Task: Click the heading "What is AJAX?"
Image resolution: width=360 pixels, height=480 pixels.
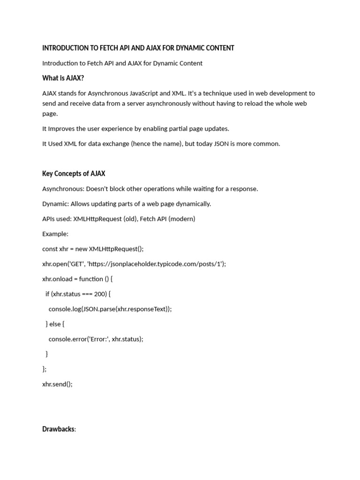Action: pos(63,78)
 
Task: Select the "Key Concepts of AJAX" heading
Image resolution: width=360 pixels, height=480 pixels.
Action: pos(77,173)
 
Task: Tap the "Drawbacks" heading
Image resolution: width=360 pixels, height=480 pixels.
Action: pos(58,429)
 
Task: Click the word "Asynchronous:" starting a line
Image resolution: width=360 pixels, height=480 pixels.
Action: pos(63,189)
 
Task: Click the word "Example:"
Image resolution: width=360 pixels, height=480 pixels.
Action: pos(55,234)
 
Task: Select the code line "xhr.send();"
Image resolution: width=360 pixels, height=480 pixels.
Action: pos(57,384)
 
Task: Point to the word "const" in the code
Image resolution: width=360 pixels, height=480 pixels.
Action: pos(50,249)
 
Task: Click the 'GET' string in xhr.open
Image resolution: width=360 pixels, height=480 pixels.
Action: pos(75,264)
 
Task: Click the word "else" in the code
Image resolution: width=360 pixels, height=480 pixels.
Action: pos(55,324)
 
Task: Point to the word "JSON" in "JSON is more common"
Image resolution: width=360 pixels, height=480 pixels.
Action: pos(222,144)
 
